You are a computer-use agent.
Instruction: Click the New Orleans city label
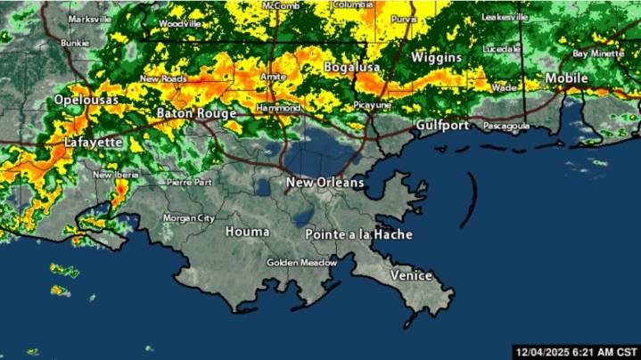coord(325,183)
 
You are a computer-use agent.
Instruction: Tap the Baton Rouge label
coord(196,113)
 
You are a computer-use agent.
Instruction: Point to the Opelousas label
coord(86,100)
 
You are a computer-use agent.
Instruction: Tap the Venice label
coord(411,275)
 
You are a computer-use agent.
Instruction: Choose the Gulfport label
coord(441,126)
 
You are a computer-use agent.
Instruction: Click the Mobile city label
coord(567,78)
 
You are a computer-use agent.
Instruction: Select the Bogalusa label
coord(352,67)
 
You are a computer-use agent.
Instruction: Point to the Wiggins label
coord(436,57)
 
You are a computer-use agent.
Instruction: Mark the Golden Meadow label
coord(302,263)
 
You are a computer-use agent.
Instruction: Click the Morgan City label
coord(189,217)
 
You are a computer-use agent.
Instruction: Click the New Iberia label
coord(114,175)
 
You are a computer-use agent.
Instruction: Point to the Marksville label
coord(84,19)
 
